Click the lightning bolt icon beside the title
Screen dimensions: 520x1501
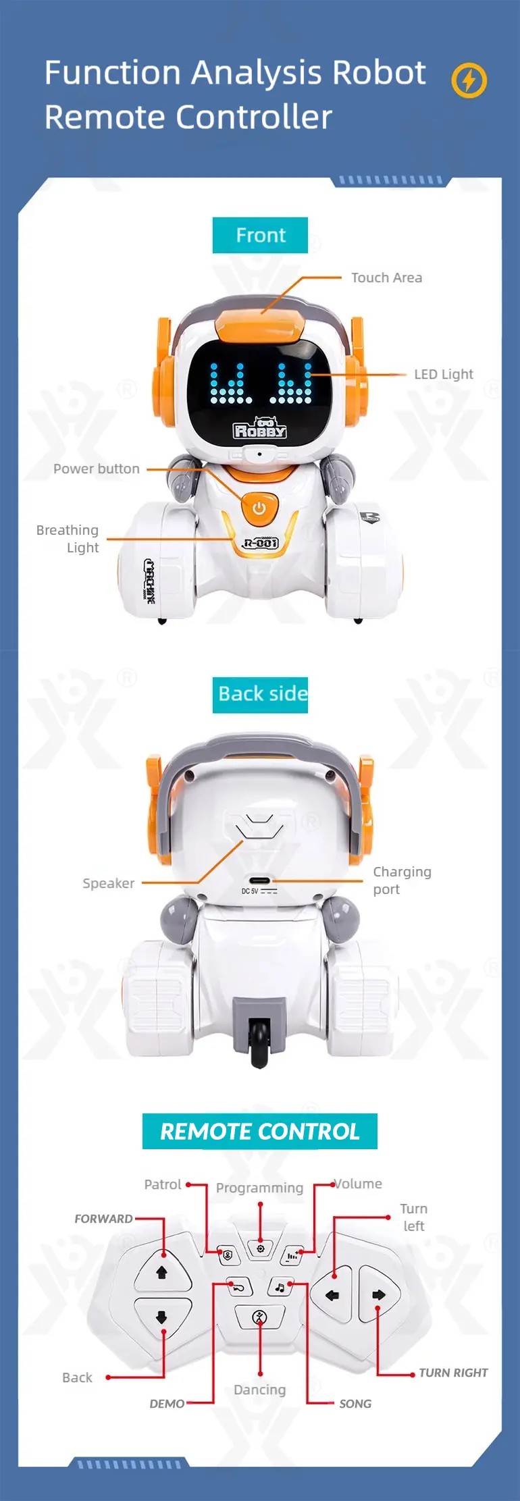[x=469, y=80]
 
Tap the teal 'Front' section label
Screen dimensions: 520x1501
[x=260, y=235]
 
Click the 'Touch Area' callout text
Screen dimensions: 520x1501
[x=386, y=278]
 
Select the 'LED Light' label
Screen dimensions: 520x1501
[x=444, y=374]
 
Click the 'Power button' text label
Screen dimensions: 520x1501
[x=97, y=469]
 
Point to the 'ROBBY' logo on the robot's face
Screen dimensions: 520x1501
[x=260, y=429]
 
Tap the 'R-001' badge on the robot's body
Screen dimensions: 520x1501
[x=260, y=543]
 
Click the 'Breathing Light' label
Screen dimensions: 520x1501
[x=68, y=539]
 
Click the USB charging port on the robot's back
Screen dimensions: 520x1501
[x=259, y=881]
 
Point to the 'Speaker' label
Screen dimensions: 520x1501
[x=108, y=883]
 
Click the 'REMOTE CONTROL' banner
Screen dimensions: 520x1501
[x=260, y=1131]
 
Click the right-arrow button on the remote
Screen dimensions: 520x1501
[x=379, y=1294]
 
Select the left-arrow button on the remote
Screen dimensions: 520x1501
[x=332, y=1295]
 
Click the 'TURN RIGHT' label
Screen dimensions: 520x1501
[x=453, y=1373]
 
